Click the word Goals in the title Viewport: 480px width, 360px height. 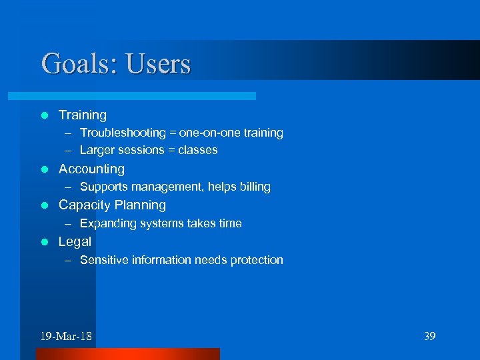pyautogui.click(x=70, y=64)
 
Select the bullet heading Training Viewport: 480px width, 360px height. pyautogui.click(x=82, y=115)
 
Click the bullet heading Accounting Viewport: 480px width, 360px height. pyautogui.click(x=91, y=169)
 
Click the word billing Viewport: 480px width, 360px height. pyautogui.click(x=253, y=187)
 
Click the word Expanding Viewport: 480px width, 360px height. pyautogui.click(x=107, y=223)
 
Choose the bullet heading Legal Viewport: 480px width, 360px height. pyautogui.click(x=75, y=241)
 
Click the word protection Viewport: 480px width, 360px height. pyautogui.click(x=257, y=260)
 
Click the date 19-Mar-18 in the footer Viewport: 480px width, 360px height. pyautogui.click(x=65, y=336)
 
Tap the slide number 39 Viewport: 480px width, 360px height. pyautogui.click(x=429, y=336)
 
